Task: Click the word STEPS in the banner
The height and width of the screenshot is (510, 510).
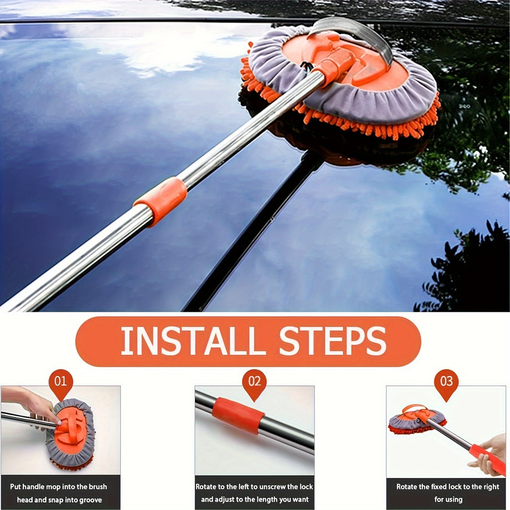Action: [333, 342]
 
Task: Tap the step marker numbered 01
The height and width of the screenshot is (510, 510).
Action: [61, 382]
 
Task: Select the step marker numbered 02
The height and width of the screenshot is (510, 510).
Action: [255, 382]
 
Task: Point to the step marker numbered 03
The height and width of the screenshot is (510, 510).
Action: [446, 382]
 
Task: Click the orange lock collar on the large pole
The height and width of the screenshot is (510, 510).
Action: [161, 200]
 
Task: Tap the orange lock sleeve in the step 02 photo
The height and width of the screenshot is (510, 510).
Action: [238, 415]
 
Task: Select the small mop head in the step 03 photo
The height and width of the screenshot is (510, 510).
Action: [416, 420]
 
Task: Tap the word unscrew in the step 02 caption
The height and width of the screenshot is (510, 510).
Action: [269, 487]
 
